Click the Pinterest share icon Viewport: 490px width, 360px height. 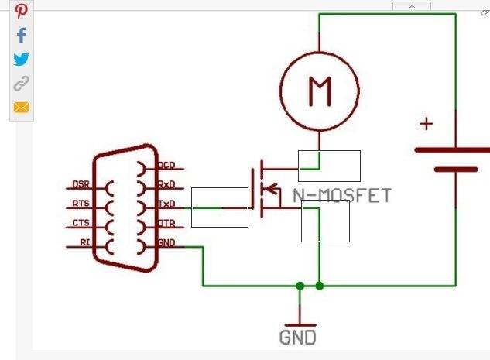click(21, 11)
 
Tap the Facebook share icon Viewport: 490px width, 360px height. click(21, 35)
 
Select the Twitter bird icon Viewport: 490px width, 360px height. click(21, 60)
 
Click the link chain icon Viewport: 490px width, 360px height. click(21, 84)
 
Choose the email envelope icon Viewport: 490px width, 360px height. click(21, 107)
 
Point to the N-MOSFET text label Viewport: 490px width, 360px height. click(342, 196)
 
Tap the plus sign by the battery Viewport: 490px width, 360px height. click(427, 123)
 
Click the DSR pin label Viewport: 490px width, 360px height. click(81, 185)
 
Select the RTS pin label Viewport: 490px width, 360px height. click(81, 204)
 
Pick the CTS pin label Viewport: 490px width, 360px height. click(81, 224)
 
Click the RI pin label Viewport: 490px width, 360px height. click(84, 243)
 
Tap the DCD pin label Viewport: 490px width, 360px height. click(166, 165)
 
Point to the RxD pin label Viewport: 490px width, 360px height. click(166, 184)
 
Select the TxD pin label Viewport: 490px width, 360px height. click(166, 204)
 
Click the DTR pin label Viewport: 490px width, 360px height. click(166, 224)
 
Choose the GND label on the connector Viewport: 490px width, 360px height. click(166, 243)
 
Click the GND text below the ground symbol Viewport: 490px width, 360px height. click(298, 338)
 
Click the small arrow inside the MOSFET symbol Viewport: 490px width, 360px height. click(271, 187)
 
